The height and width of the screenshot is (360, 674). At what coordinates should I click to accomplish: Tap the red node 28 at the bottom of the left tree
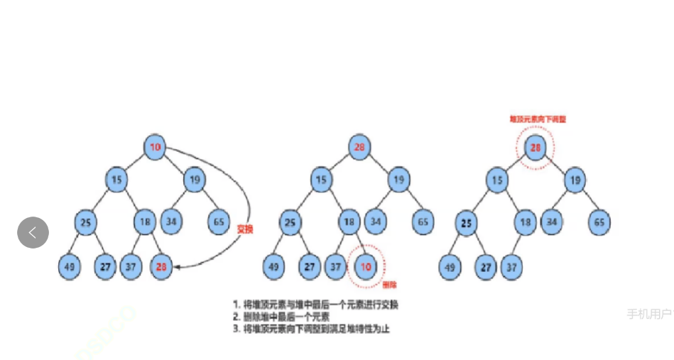click(x=162, y=266)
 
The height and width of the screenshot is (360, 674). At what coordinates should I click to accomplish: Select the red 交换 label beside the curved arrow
click(x=245, y=229)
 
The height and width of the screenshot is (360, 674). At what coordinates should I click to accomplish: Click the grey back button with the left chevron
click(x=33, y=232)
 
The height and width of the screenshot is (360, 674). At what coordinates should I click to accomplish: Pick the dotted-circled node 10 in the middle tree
click(x=364, y=266)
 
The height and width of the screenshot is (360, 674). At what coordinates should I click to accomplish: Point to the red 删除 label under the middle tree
click(x=389, y=285)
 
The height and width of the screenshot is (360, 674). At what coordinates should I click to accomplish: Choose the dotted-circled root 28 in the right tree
click(x=535, y=148)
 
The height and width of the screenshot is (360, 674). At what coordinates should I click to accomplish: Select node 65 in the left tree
click(x=218, y=222)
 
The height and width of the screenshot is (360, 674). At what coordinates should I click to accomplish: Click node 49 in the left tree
click(x=69, y=266)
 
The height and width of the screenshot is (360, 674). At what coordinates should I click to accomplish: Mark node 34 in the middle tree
click(x=375, y=222)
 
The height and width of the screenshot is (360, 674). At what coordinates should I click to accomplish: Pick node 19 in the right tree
click(x=575, y=180)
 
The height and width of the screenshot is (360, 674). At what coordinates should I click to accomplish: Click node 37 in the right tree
click(x=510, y=267)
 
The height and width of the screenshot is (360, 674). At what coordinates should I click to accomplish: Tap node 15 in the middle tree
click(x=321, y=180)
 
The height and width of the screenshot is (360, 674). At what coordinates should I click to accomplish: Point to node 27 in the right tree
click(x=485, y=267)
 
